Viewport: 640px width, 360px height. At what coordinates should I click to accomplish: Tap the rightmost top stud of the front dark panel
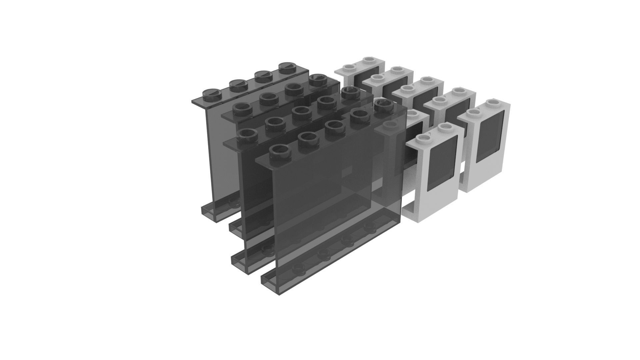point(383,107)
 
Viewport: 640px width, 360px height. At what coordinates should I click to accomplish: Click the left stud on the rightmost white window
point(472,114)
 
